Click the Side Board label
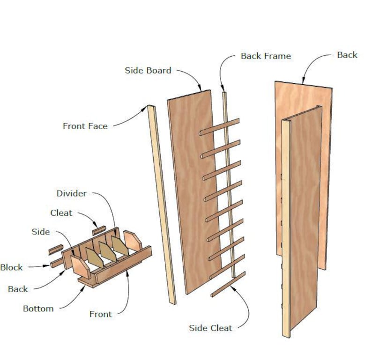148,71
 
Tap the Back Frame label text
266,56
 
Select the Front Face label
85,126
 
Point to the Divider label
71,193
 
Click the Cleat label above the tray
61,213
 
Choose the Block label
11,267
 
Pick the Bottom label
38,309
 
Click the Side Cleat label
210,328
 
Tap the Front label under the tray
101,314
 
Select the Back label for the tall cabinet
347,55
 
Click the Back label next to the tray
18,289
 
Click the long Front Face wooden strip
162,206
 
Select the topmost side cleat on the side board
219,127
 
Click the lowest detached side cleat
228,285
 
